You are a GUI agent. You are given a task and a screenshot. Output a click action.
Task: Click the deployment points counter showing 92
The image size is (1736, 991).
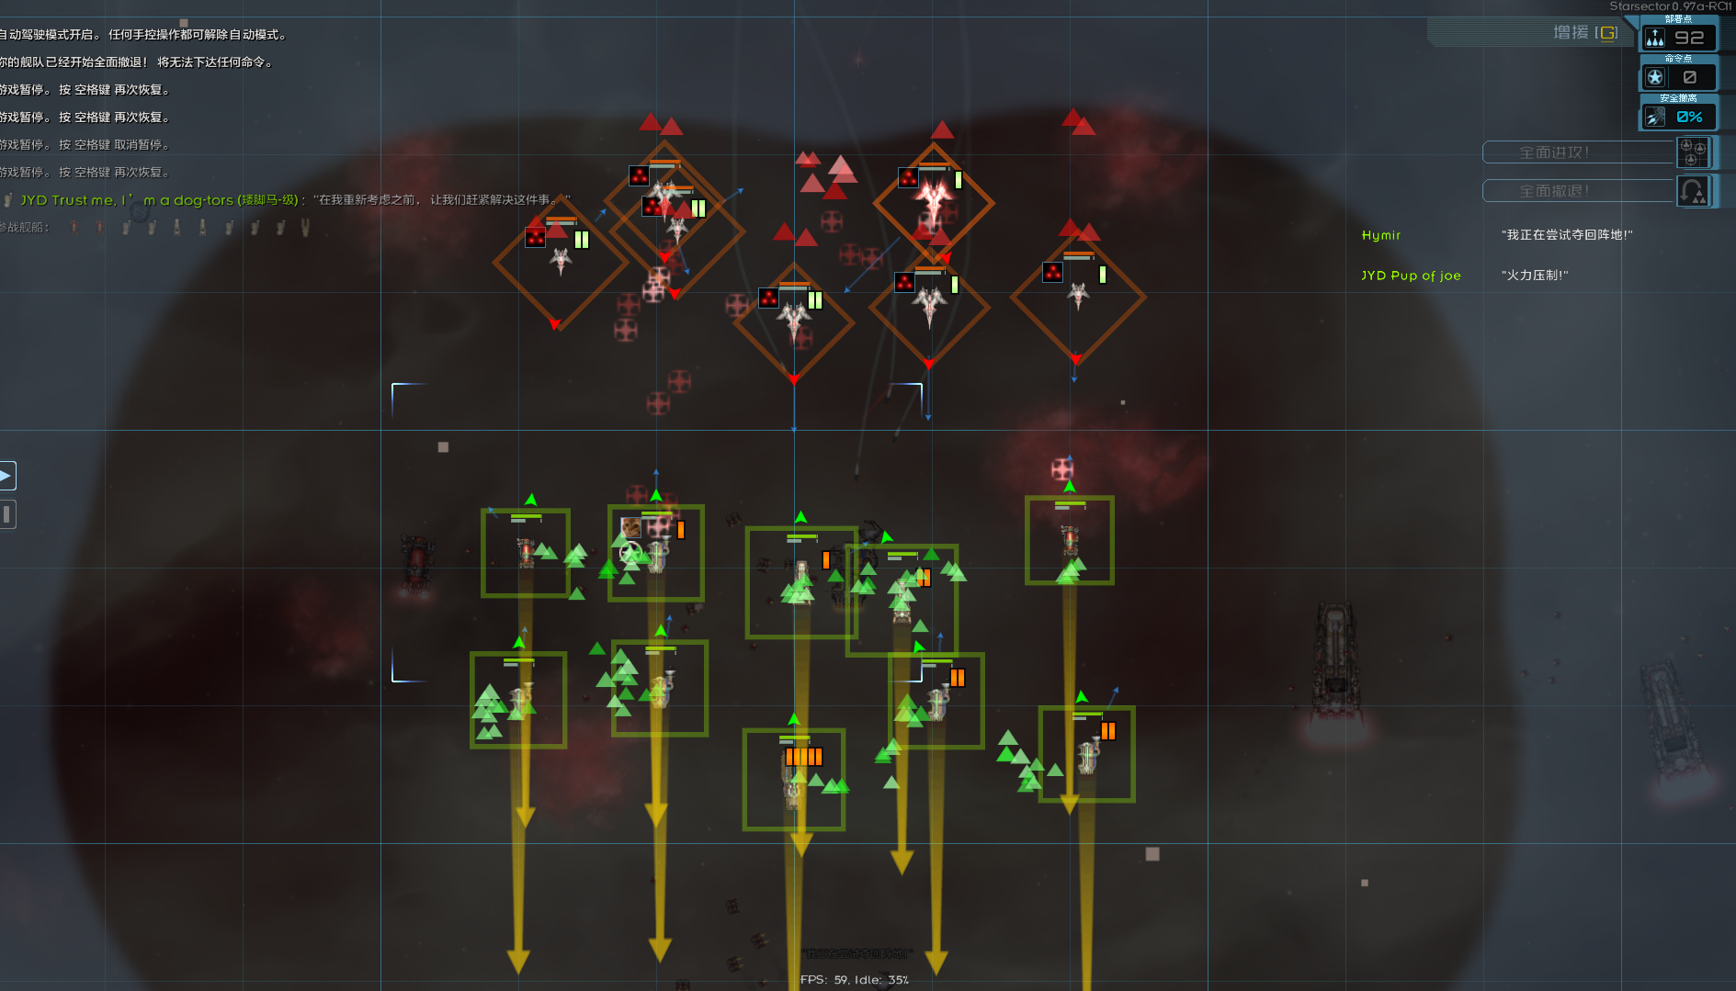tap(1679, 38)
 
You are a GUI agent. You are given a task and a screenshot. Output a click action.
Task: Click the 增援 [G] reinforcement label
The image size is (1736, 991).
tap(1584, 33)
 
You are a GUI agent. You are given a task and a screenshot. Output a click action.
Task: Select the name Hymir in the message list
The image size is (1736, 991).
tap(1380, 235)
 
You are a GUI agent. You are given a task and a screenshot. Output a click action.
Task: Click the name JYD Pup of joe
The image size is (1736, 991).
tap(1411, 276)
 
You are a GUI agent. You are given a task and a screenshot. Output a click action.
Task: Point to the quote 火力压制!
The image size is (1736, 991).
tap(1535, 276)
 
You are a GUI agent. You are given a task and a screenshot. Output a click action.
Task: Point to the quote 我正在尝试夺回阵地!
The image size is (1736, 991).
tap(1567, 235)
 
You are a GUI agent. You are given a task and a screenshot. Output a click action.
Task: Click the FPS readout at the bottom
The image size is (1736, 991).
tap(854, 980)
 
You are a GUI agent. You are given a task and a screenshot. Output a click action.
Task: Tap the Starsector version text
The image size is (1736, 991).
tap(1670, 6)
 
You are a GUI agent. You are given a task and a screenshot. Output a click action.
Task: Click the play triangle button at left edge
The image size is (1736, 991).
tap(6, 475)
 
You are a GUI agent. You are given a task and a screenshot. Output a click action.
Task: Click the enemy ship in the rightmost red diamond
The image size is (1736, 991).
tap(1078, 295)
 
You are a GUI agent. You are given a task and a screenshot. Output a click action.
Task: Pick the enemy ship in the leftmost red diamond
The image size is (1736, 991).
tap(561, 261)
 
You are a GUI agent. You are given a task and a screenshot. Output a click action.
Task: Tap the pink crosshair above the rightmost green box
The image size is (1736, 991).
tap(1062, 469)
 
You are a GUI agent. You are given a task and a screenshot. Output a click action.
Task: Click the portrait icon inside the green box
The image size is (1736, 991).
tap(631, 527)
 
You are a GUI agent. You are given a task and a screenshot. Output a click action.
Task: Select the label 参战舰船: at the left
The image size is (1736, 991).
tap(25, 227)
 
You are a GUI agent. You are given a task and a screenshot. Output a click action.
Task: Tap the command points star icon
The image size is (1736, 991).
tap(1655, 77)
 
